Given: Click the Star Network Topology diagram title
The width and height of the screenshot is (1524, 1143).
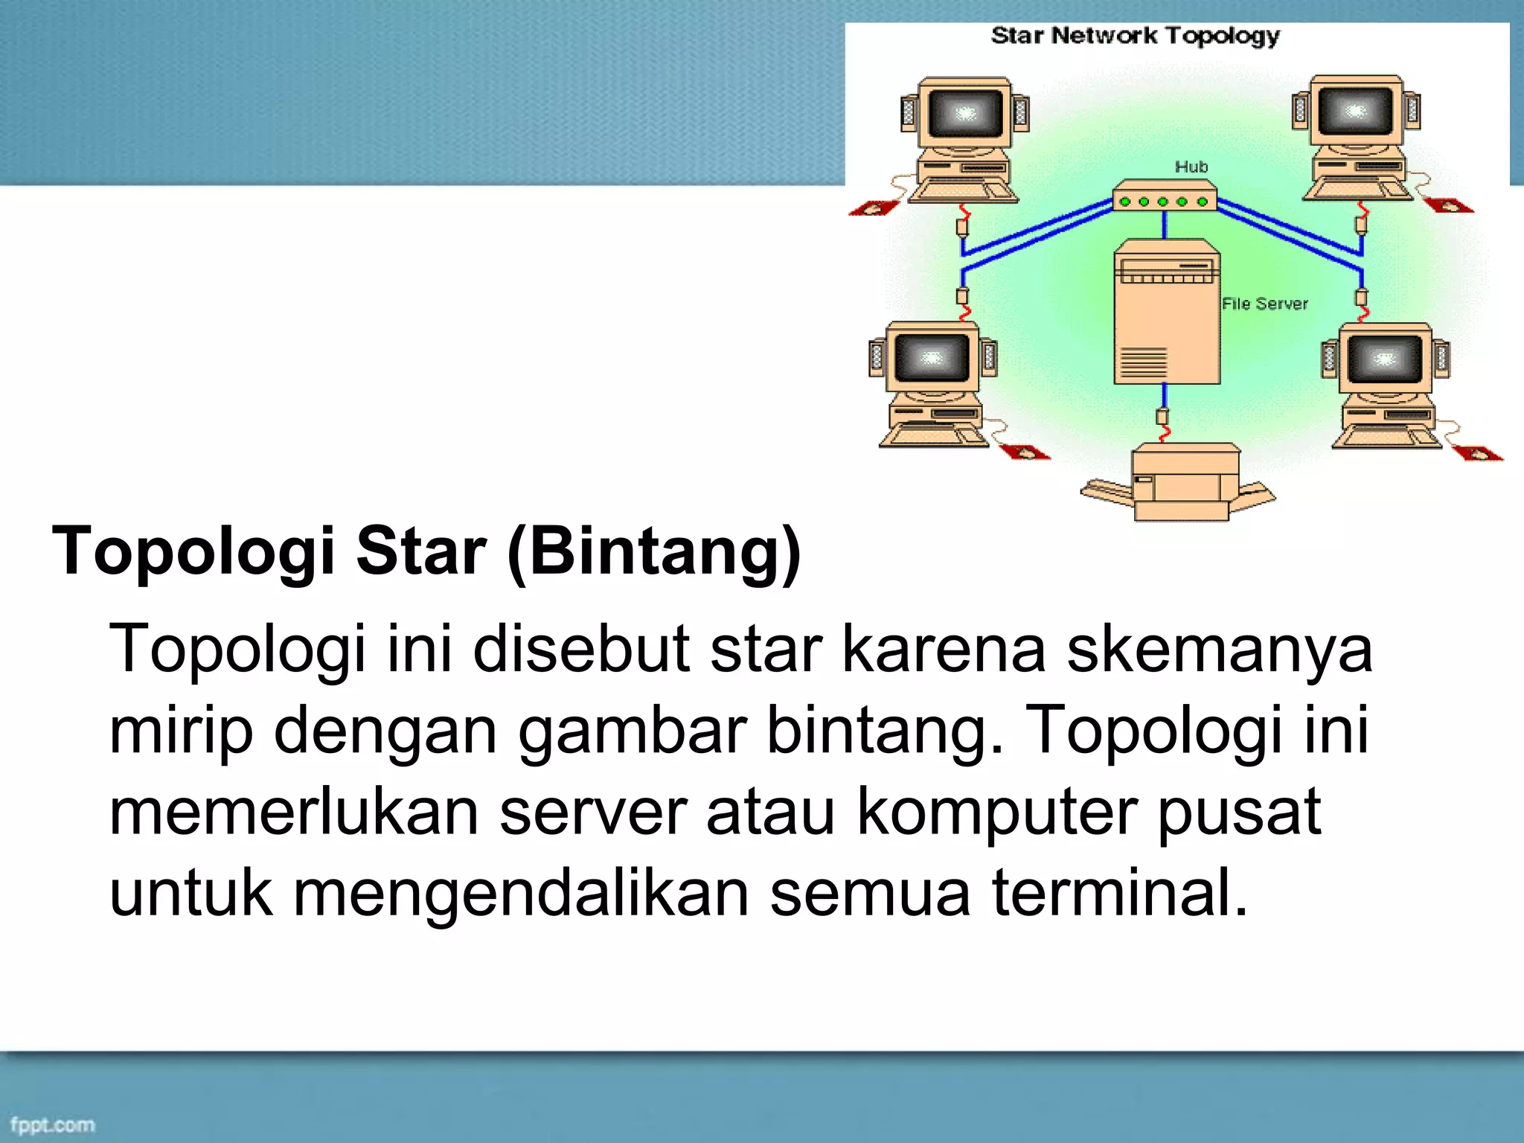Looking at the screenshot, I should (1135, 36).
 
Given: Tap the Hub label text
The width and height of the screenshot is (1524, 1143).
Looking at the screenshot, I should (1191, 167).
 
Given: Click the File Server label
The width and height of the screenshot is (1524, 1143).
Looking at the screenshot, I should (1264, 304).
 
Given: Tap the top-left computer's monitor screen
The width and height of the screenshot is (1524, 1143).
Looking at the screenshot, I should (965, 113).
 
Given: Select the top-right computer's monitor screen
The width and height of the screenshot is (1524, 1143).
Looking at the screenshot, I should (1355, 111).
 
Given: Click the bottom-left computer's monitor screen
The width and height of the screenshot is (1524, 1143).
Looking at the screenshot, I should (932, 358).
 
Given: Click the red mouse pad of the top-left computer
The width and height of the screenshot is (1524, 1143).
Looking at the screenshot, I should (874, 208).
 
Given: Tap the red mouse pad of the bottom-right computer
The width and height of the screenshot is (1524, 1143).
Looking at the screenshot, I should (1477, 452).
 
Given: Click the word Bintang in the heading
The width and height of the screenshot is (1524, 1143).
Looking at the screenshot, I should (655, 552).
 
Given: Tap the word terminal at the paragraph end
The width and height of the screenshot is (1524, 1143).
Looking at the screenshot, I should (1119, 893).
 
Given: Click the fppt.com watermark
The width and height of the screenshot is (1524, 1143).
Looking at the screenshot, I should (52, 1124).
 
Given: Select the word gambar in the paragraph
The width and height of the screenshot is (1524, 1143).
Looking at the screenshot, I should (633, 731).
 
